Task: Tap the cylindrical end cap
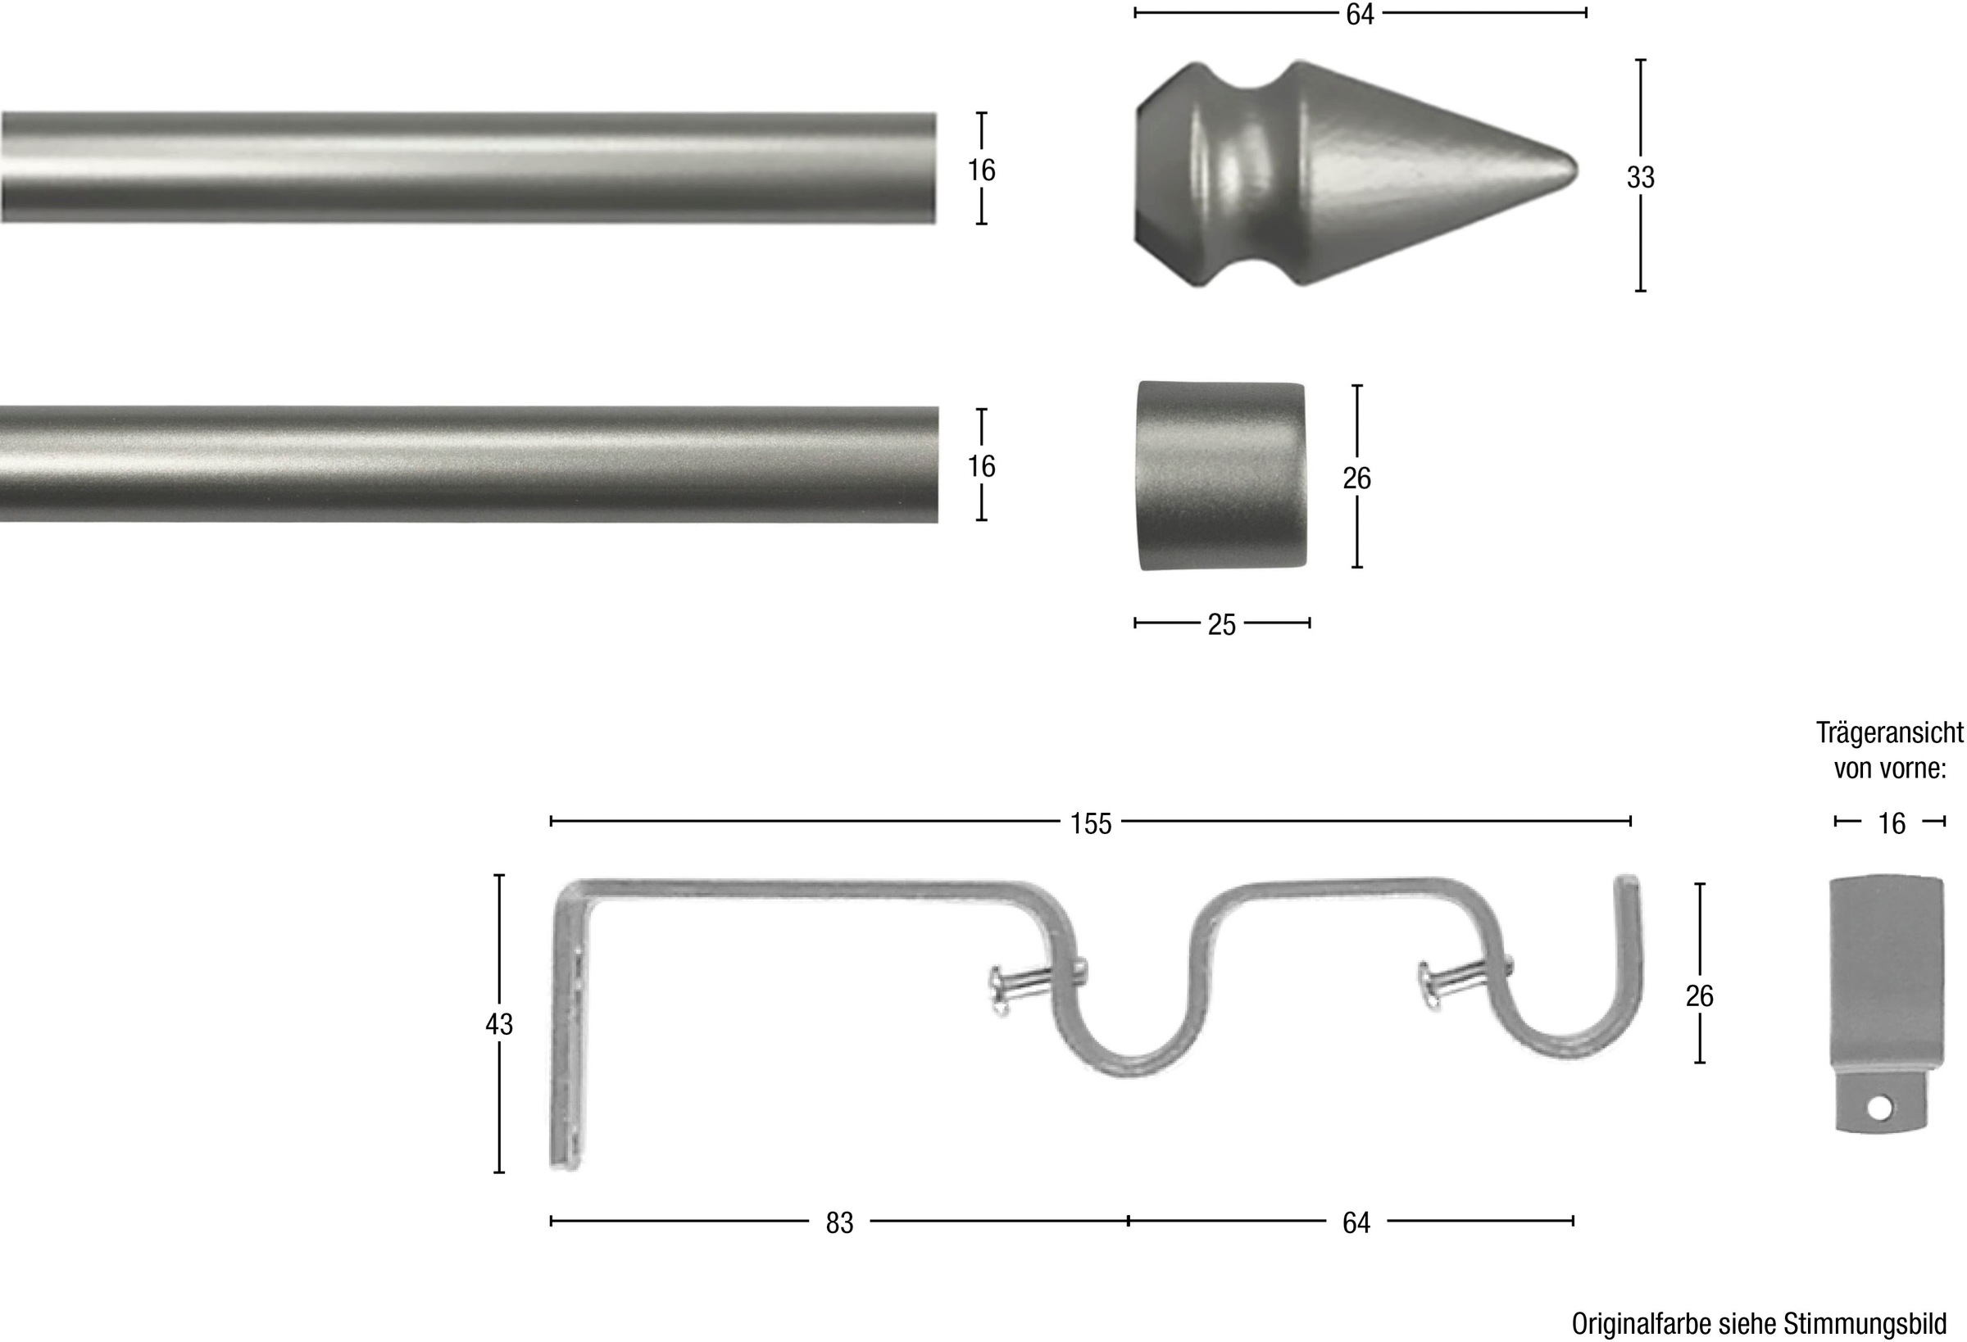(x=1221, y=474)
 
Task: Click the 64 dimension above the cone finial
(x=1360, y=15)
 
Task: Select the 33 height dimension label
(x=1640, y=178)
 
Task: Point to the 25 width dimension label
(x=1221, y=625)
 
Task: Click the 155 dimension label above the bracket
(x=1090, y=824)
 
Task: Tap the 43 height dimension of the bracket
(x=498, y=1025)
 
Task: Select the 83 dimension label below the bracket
(x=839, y=1222)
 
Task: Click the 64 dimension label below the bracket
(x=1356, y=1222)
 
